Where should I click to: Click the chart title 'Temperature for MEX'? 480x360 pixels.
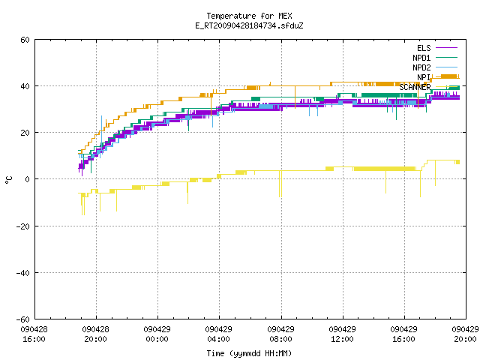pyautogui.click(x=249, y=16)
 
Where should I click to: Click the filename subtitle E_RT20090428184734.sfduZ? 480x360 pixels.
pyautogui.click(x=249, y=25)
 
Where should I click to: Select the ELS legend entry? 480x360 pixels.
pyautogui.click(x=436, y=48)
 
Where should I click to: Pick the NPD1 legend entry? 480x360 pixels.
pyautogui.click(x=435, y=58)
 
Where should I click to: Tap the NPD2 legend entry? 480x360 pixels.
pyautogui.click(x=435, y=67)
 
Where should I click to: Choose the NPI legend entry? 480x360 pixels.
pyautogui.click(x=438, y=77)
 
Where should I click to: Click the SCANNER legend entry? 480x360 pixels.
pyautogui.click(x=428, y=87)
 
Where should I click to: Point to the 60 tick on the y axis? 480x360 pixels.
pyautogui.click(x=25, y=40)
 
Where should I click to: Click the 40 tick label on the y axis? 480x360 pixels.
pyautogui.click(x=25, y=86)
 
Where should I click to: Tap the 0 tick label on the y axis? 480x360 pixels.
pyautogui.click(x=27, y=179)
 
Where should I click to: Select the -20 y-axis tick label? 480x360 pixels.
pyautogui.click(x=23, y=226)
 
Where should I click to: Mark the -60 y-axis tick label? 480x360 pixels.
pyautogui.click(x=23, y=319)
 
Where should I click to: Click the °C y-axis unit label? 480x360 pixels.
pyautogui.click(x=9, y=180)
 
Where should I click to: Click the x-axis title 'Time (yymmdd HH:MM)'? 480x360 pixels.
pyautogui.click(x=249, y=353)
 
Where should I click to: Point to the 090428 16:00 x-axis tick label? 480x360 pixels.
pyautogui.click(x=34, y=334)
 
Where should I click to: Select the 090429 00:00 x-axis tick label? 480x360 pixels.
pyautogui.click(x=157, y=334)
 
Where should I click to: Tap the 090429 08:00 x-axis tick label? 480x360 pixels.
pyautogui.click(x=280, y=334)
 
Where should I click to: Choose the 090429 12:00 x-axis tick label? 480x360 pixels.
pyautogui.click(x=342, y=334)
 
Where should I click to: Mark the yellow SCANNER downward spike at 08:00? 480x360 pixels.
pyautogui.click(x=280, y=184)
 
